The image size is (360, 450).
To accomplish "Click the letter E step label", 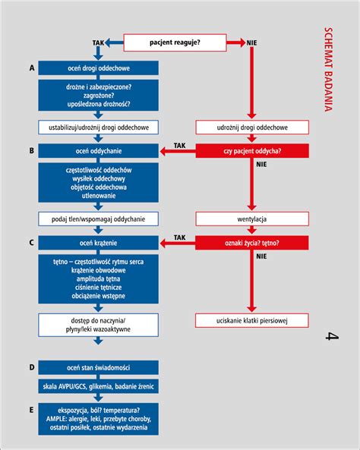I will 31,410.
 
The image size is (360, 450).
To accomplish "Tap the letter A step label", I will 31,68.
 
